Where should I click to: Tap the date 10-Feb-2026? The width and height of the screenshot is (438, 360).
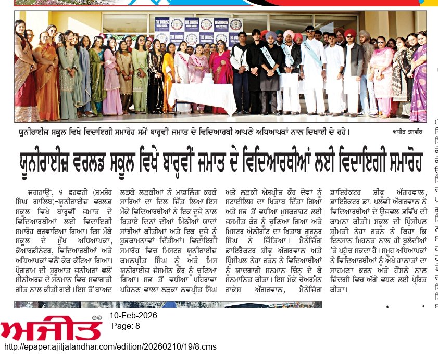133,316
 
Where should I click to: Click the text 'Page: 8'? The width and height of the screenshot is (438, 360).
126,326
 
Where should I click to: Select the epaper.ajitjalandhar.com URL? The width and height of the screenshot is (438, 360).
110,347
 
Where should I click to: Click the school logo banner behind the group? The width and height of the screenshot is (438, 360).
198,31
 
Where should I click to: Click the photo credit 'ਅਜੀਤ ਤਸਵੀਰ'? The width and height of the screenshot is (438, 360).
404,132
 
